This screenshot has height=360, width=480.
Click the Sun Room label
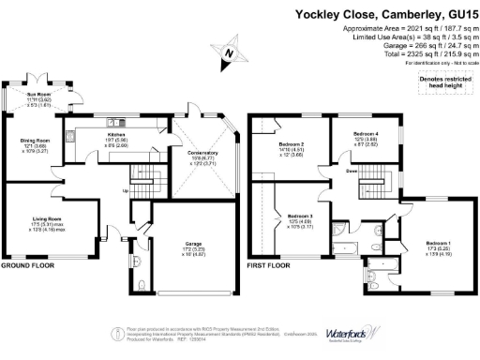click(38, 96)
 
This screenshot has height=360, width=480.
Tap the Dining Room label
click(35, 142)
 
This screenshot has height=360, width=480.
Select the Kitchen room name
click(117, 134)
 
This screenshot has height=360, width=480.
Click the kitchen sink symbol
click(97, 120)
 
